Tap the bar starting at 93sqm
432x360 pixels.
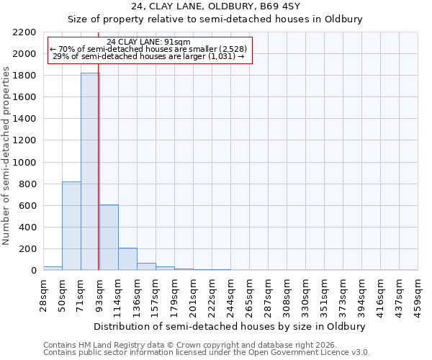(x=109, y=237)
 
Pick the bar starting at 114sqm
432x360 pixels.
(x=127, y=258)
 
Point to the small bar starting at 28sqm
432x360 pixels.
(x=53, y=268)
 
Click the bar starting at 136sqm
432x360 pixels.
(x=146, y=266)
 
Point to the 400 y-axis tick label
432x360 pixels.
(x=28, y=228)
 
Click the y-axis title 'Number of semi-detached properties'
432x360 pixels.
(x=7, y=156)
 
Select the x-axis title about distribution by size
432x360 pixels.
(x=230, y=326)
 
